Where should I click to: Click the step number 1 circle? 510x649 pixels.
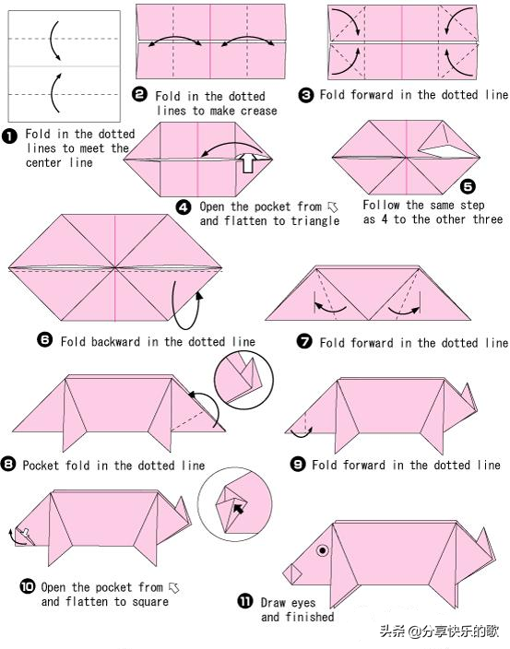point(9,136)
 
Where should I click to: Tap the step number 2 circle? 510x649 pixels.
point(139,94)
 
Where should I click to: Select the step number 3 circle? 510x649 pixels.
point(306,96)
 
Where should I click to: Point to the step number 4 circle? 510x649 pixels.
point(184,206)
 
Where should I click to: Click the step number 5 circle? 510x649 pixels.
point(468,186)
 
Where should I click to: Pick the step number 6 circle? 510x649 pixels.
point(44,340)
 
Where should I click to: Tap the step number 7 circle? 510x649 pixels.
point(304,341)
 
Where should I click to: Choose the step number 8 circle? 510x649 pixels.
point(8,464)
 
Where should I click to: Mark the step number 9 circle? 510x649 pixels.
point(298,464)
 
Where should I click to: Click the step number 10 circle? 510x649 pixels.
point(28,586)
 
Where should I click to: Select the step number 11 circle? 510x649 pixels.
point(245,601)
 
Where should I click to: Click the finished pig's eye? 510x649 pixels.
point(323,550)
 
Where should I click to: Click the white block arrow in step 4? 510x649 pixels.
point(248,162)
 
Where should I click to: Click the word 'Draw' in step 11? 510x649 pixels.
point(274,603)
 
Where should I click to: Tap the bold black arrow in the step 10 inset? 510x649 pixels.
point(239,508)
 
